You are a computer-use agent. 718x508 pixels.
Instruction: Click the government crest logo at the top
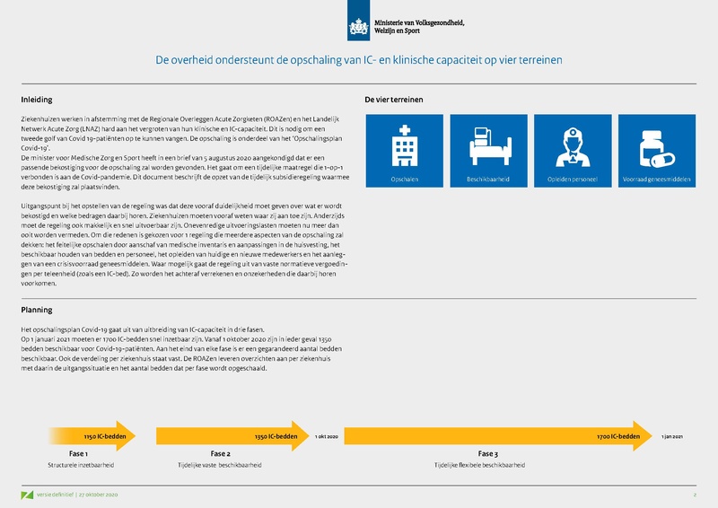click(x=360, y=20)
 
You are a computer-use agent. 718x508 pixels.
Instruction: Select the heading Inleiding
click(x=37, y=100)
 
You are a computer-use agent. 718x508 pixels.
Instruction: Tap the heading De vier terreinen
click(x=394, y=100)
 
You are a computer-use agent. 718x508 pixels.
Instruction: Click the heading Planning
click(x=37, y=310)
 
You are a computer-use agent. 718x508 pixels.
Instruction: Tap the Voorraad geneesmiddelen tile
click(x=657, y=150)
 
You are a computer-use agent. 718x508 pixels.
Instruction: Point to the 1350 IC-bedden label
click(x=275, y=436)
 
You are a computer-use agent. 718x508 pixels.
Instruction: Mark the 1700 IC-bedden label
click(x=618, y=436)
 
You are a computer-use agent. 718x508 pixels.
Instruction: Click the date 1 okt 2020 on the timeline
click(x=326, y=436)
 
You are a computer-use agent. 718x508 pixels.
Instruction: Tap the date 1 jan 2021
click(x=672, y=436)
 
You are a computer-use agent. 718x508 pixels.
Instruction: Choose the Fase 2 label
click(x=220, y=454)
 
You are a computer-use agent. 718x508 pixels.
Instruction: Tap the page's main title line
click(x=359, y=61)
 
